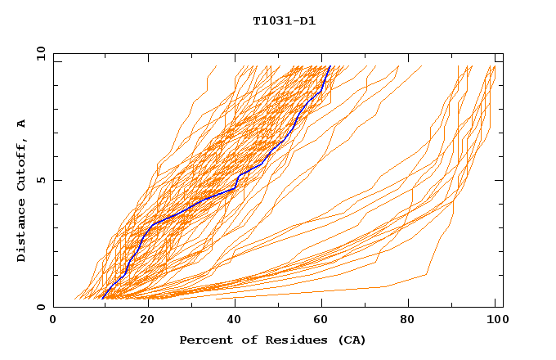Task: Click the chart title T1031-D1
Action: (285, 20)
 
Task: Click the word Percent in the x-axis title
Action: (203, 340)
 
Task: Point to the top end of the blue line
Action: (330, 66)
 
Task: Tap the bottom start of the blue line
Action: (103, 298)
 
